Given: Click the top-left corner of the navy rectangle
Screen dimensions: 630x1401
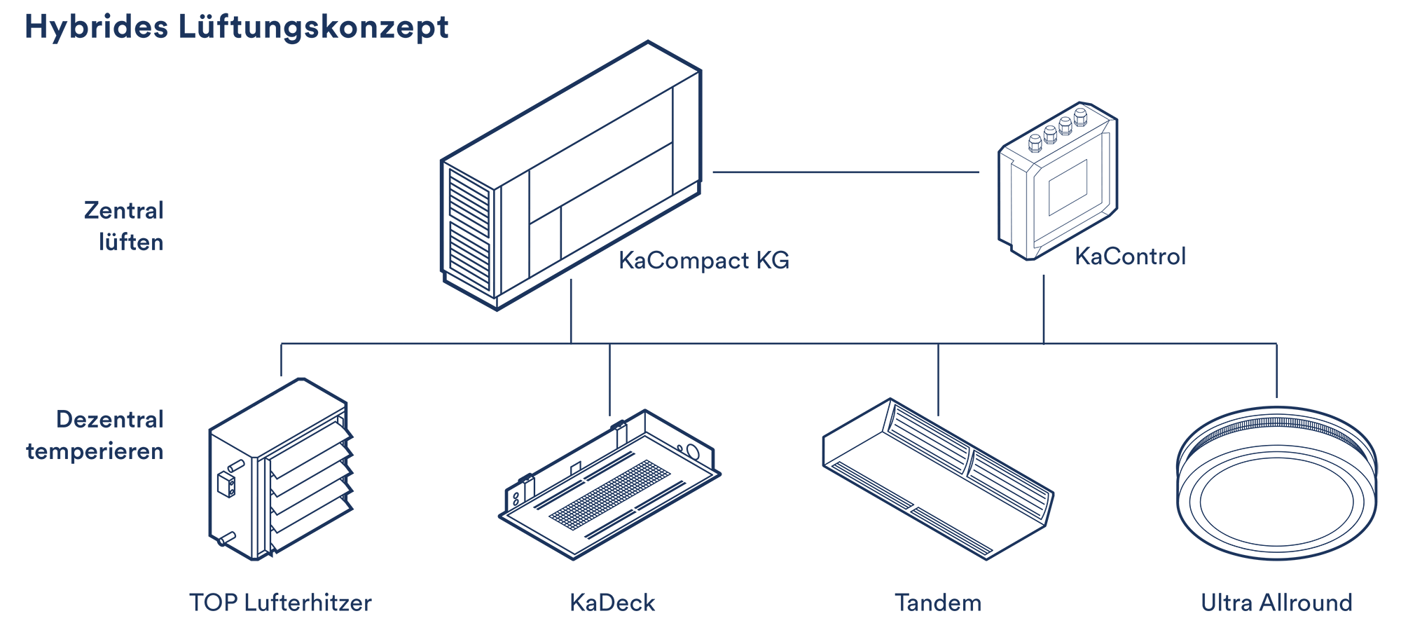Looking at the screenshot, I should point(27,13).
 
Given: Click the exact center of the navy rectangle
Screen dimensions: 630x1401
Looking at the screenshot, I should point(702,312).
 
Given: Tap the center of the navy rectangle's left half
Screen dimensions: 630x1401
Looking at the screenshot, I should point(364,312).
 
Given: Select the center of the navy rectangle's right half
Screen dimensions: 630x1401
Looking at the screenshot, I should point(1040,312).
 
